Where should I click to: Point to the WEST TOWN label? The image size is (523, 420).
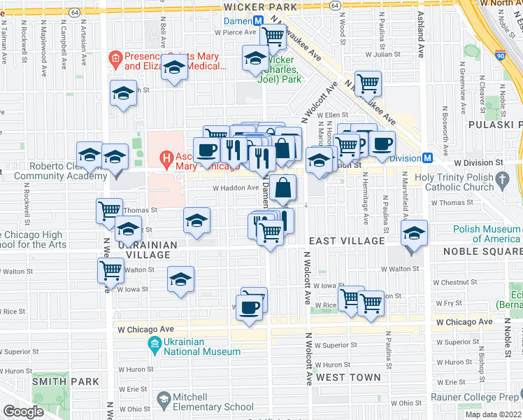pyautogui.click(x=348, y=377)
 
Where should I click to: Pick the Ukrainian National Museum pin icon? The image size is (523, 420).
pyautogui.click(x=155, y=344)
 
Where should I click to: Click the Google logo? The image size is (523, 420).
pyautogui.click(x=23, y=412)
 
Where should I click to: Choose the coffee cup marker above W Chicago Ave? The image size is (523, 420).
pyautogui.click(x=249, y=307)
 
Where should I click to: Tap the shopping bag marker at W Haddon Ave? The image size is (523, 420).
pyautogui.click(x=283, y=188)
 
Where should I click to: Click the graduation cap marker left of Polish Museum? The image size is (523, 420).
pyautogui.click(x=414, y=234)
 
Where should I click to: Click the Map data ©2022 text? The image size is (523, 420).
pyautogui.click(x=492, y=414)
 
